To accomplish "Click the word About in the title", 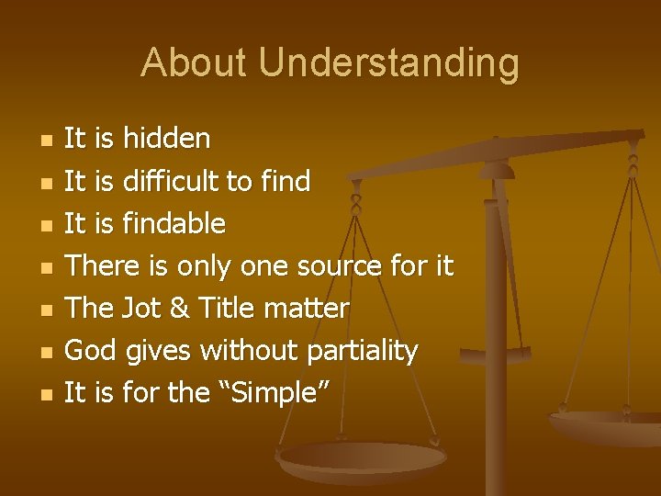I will [194, 63].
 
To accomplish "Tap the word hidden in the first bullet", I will [166, 139].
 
